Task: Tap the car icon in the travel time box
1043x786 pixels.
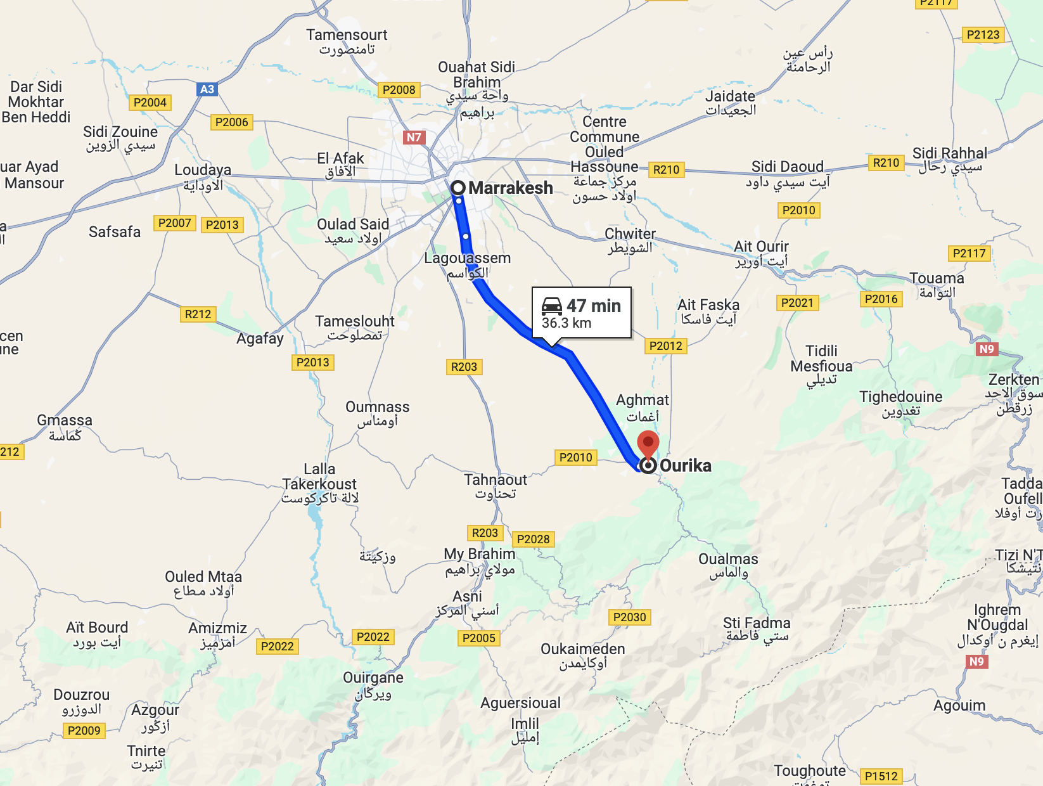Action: (552, 306)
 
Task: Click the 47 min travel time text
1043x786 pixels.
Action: (594, 306)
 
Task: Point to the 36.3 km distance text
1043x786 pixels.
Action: (566, 323)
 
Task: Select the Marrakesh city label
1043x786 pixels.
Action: (510, 188)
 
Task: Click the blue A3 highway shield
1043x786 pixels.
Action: (207, 89)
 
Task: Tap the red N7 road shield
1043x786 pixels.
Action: (414, 137)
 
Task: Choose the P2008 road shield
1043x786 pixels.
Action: (399, 90)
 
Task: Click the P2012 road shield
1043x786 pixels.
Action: (666, 346)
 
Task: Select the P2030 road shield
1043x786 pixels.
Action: (629, 617)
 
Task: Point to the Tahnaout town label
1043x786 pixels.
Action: (496, 480)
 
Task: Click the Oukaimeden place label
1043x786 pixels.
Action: (582, 649)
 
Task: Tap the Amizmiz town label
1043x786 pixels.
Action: (217, 628)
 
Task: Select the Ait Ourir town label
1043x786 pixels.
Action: (761, 247)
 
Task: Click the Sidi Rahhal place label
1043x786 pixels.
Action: (949, 153)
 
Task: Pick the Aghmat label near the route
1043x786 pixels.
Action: (642, 400)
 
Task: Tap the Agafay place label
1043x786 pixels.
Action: (260, 338)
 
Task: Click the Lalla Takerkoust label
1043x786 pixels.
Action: (319, 477)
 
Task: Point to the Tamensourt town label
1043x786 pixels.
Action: (347, 35)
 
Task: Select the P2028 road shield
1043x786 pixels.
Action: (533, 539)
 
